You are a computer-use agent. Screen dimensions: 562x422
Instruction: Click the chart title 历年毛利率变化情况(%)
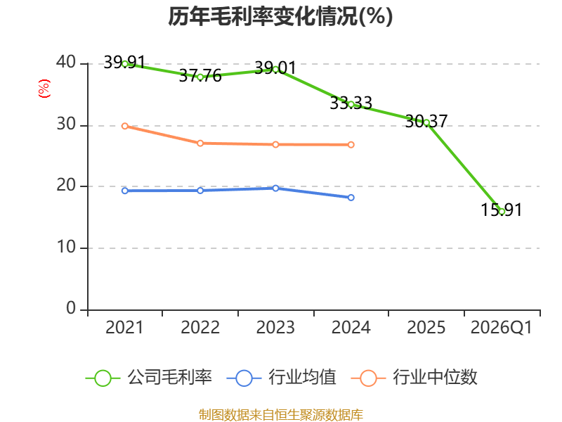[280, 16]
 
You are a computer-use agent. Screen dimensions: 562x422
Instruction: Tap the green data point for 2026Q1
[502, 212]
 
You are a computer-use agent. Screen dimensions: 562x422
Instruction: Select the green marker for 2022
[200, 77]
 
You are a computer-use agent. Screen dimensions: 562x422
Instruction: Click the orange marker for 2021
[125, 126]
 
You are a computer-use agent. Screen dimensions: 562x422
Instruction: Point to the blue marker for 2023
[275, 188]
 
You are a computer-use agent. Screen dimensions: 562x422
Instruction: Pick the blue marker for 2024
[351, 198]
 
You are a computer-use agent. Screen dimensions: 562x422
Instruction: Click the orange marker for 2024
[351, 145]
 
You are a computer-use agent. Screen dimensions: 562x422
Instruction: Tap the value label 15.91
[501, 210]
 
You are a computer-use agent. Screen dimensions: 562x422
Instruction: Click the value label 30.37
[426, 121]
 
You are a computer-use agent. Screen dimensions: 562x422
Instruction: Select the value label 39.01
[275, 68]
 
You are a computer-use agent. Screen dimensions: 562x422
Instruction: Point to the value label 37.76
[200, 76]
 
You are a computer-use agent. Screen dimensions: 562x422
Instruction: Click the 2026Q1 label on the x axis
[502, 327]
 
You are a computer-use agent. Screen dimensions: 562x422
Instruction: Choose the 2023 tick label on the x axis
[275, 327]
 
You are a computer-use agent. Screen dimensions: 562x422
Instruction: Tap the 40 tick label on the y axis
[66, 62]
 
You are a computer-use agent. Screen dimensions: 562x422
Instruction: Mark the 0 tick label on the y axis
[71, 308]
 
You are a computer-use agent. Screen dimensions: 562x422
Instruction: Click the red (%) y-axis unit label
[44, 89]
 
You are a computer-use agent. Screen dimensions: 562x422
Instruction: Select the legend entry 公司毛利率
[149, 378]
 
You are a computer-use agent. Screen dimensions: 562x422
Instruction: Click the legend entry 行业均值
[282, 378]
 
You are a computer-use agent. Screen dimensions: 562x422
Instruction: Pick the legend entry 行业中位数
[414, 378]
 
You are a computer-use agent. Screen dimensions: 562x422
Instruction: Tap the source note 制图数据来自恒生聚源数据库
[280, 415]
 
